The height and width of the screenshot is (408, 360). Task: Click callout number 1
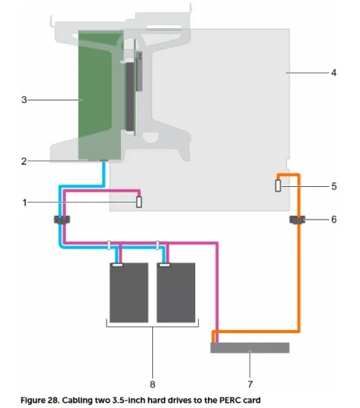coord(24,203)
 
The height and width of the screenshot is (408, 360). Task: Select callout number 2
coord(24,161)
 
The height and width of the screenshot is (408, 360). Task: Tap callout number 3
coord(24,99)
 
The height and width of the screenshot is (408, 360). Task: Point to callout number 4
coord(334,73)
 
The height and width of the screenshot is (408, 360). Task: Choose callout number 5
coord(334,186)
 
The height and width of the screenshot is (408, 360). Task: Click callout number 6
coord(334,220)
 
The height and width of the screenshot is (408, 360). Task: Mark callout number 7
coord(250,384)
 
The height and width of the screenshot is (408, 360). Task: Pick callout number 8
coord(153,384)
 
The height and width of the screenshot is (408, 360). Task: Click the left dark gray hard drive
coord(129,292)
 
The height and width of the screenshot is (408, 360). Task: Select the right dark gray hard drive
coord(176,292)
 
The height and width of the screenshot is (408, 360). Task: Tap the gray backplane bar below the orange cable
coord(250,348)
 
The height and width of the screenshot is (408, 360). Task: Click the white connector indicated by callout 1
coord(139,202)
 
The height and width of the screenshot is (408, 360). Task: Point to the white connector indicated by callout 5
coord(278,185)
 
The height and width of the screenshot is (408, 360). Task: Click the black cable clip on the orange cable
coord(298,220)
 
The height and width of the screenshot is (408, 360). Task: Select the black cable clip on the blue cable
coord(62,220)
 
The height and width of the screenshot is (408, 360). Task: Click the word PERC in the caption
coord(231,400)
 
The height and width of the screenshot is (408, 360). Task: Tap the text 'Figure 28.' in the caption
coord(40,400)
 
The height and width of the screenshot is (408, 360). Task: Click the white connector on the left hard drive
coord(118,265)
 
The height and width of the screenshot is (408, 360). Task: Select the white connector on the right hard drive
coord(165,265)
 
